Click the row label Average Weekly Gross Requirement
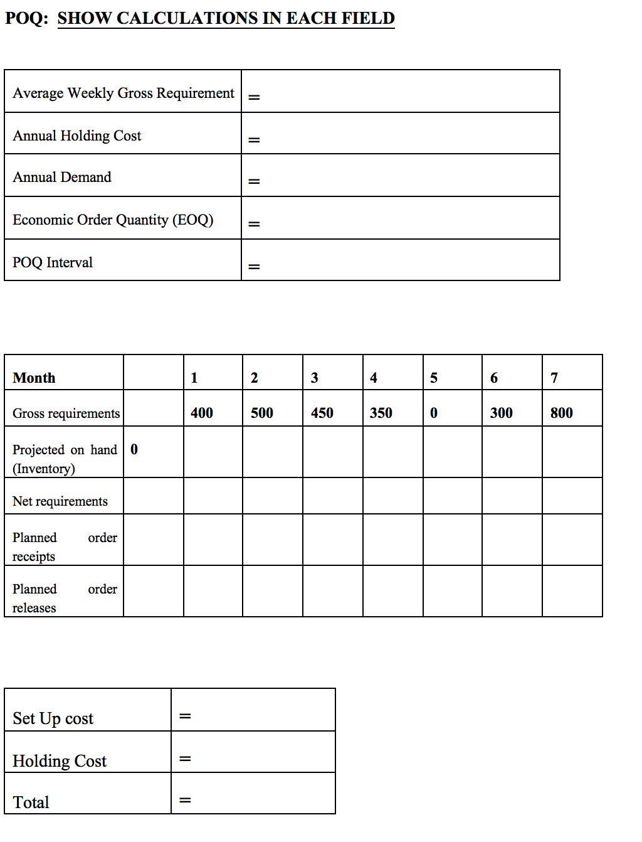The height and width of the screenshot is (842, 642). pyautogui.click(x=124, y=93)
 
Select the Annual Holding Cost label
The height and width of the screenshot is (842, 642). pyautogui.click(x=77, y=136)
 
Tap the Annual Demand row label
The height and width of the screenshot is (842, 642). pyautogui.click(x=62, y=178)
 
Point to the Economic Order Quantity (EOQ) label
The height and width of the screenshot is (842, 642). pyautogui.click(x=113, y=220)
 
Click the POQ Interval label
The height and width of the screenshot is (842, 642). pyautogui.click(x=53, y=263)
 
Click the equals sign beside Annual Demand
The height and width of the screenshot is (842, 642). pyautogui.click(x=254, y=182)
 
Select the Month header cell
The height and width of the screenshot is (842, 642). pyautogui.click(x=34, y=378)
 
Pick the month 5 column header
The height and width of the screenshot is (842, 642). pyautogui.click(x=434, y=378)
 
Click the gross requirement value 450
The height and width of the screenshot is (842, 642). pyautogui.click(x=322, y=413)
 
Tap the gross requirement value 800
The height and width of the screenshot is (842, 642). pyautogui.click(x=562, y=413)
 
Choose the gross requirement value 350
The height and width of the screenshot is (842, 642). pyautogui.click(x=381, y=413)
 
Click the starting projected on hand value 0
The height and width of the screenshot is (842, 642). pyautogui.click(x=134, y=450)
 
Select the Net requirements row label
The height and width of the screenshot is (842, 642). pyautogui.click(x=60, y=501)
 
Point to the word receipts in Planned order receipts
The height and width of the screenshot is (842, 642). pyautogui.click(x=34, y=557)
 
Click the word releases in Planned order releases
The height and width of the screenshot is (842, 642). pyautogui.click(x=34, y=608)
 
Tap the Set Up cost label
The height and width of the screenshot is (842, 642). pyautogui.click(x=53, y=718)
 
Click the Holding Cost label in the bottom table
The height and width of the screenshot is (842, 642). pyautogui.click(x=60, y=761)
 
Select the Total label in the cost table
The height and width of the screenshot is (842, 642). pyautogui.click(x=31, y=802)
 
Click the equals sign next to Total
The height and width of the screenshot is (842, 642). pyautogui.click(x=185, y=801)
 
